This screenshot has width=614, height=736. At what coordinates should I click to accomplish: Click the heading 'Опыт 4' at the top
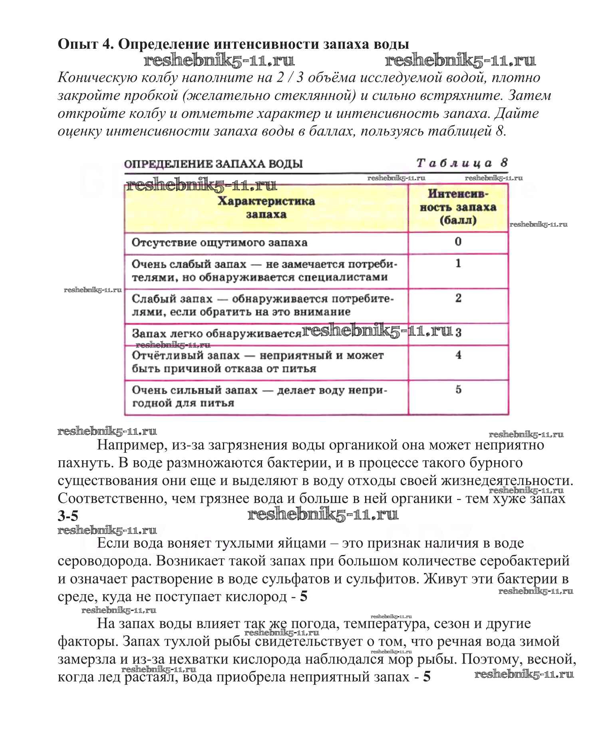[x=83, y=44]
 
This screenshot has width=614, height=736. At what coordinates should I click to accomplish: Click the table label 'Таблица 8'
[x=462, y=163]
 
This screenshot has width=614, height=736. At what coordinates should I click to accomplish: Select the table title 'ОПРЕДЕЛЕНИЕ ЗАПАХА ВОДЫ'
[x=213, y=164]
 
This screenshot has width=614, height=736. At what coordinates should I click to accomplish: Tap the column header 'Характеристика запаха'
[x=266, y=208]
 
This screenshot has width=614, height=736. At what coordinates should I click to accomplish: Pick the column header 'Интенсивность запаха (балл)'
[x=458, y=207]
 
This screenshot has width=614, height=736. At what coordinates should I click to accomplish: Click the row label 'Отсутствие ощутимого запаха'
[x=219, y=243]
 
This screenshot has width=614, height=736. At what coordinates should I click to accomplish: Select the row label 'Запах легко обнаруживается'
[x=216, y=334]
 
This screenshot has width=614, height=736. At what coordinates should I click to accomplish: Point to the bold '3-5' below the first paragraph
[x=68, y=516]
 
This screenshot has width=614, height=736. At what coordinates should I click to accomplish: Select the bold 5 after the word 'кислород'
[x=304, y=597]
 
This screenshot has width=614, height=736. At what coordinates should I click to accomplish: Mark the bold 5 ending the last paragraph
[x=427, y=677]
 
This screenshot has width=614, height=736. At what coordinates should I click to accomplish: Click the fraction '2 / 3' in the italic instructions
[x=290, y=78]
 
